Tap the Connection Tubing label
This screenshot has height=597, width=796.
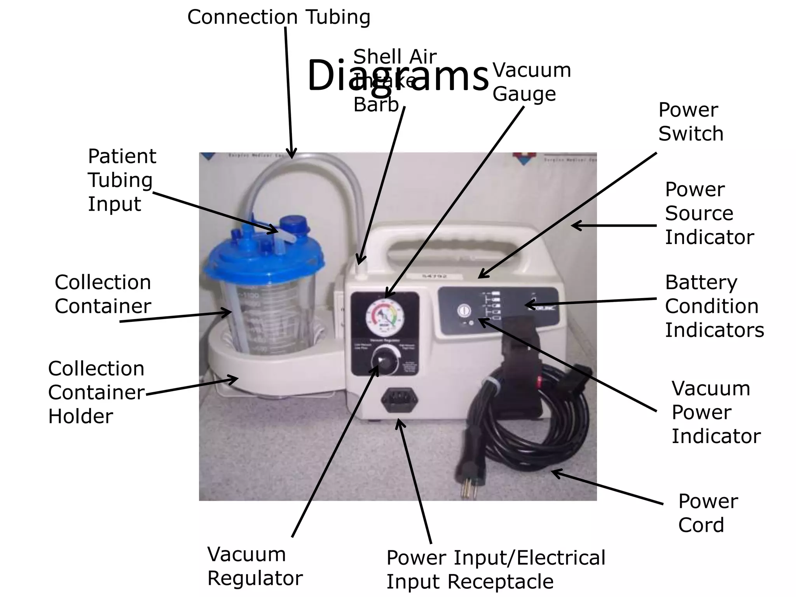tap(279, 17)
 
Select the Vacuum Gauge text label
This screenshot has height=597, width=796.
tap(531, 82)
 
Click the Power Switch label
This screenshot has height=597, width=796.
tap(691, 122)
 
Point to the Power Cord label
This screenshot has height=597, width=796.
tap(707, 513)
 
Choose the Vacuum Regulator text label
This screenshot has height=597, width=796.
tap(255, 566)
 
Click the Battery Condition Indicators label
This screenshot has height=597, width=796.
tap(714, 306)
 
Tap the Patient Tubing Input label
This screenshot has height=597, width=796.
tap(122, 180)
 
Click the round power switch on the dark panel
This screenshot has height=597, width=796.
tap(463, 310)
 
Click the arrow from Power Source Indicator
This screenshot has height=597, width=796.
tap(613, 225)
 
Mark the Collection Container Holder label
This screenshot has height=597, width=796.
tap(96, 392)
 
